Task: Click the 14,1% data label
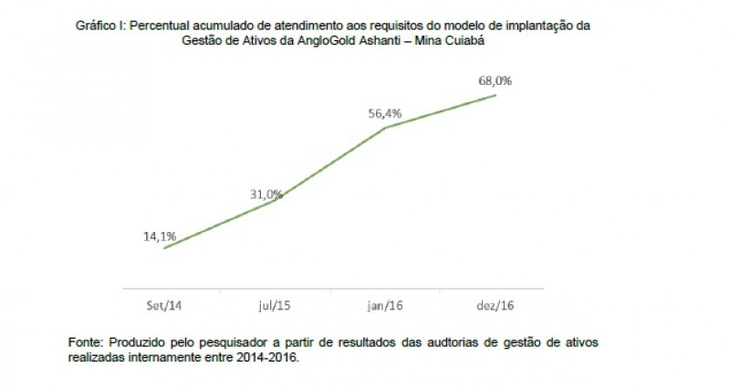[x=159, y=236]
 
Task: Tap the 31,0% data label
[x=267, y=194]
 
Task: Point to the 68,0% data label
[x=495, y=80]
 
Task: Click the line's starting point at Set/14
[x=163, y=247]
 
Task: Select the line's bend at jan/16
[x=385, y=127]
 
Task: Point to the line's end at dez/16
[x=495, y=94]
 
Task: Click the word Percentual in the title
[x=159, y=26]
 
